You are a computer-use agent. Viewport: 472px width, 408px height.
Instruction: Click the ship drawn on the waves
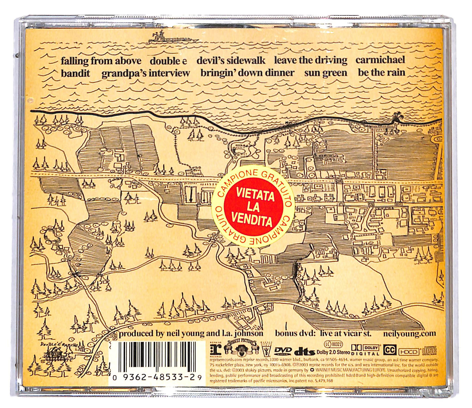173,38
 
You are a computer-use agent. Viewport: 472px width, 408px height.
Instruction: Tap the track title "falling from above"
101,61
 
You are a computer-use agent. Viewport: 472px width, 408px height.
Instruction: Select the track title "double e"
169,61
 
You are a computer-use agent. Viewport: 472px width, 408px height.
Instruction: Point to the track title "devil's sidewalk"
231,60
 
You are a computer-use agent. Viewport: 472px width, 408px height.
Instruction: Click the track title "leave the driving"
311,60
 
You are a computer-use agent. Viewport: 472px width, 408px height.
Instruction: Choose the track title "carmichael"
380,60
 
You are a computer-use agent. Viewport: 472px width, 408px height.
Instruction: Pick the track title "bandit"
75,73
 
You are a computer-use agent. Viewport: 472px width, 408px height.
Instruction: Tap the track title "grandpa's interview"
146,73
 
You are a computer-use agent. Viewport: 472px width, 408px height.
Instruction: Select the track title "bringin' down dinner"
247,73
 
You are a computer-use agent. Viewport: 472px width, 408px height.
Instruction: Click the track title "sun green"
326,73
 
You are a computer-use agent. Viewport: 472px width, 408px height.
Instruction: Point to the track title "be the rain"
381,72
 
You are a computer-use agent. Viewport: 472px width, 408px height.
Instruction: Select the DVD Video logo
283,351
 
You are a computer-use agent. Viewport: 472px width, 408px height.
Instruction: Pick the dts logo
305,352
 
